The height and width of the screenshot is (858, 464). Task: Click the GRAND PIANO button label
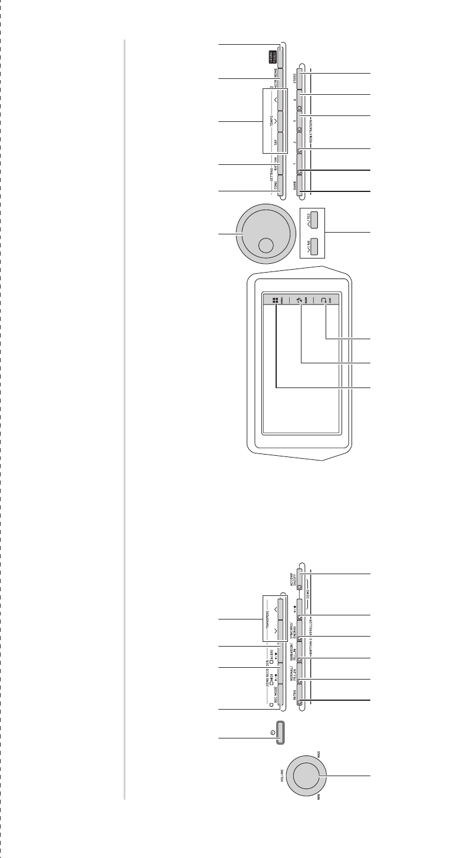pos(273,57)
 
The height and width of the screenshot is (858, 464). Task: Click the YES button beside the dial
pos(313,220)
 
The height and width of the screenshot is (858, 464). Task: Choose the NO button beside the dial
pos(313,244)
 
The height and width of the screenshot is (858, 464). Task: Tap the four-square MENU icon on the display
pos(275,299)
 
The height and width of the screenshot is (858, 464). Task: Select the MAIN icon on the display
pos(300,299)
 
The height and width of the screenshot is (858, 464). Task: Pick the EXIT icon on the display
pos(323,299)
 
